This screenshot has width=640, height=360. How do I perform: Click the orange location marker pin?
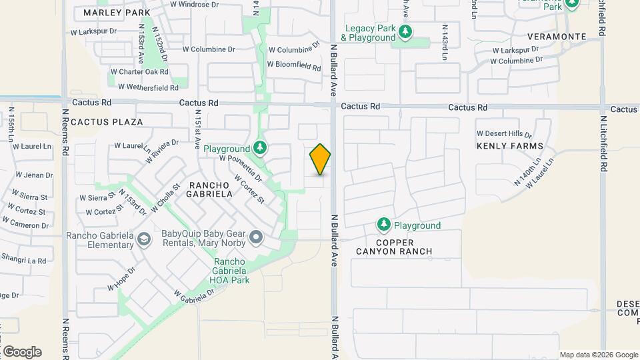tap(320, 159)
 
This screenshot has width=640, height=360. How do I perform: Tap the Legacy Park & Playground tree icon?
tap(404, 31)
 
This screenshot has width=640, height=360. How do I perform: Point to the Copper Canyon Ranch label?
tap(403, 247)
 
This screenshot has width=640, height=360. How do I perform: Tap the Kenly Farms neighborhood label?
tap(510, 145)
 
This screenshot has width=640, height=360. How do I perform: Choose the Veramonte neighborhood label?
tap(557, 36)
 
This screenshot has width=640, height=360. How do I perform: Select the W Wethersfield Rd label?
tap(148, 87)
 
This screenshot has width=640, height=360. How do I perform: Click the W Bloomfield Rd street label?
tap(294, 65)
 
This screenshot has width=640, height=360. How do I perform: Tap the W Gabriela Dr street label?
tap(198, 300)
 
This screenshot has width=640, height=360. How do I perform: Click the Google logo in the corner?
tap(22, 351)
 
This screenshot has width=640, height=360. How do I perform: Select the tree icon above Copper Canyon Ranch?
tap(383, 224)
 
